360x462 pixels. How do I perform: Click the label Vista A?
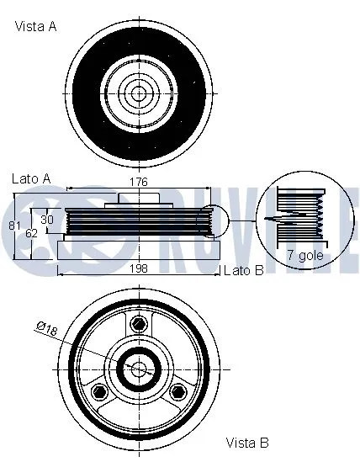(35, 27)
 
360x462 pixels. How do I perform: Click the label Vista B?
(246, 442)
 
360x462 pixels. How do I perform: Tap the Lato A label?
(32, 179)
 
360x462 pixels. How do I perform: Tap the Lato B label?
(244, 270)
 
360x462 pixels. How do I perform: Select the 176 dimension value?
(139, 182)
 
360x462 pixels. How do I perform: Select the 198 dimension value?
(139, 269)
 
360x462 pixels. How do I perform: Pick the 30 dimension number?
(47, 219)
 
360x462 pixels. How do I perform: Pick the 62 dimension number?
(31, 232)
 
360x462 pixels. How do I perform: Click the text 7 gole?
(304, 253)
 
